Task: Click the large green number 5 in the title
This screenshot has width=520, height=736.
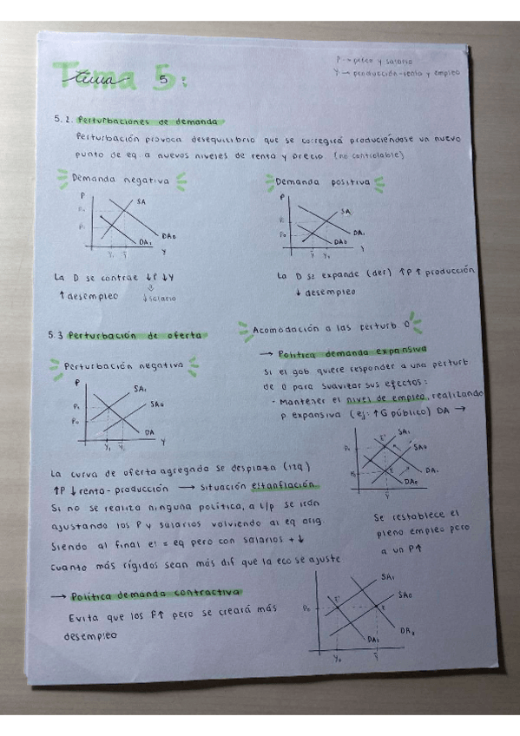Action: coord(165,80)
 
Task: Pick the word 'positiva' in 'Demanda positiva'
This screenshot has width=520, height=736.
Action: coord(347,182)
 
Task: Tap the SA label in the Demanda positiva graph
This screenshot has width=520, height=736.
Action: coord(346,211)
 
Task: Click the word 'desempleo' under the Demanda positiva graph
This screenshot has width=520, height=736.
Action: coord(329,292)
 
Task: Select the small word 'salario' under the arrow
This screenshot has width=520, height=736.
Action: coord(162,298)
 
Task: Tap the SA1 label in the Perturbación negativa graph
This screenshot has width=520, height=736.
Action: coord(141,388)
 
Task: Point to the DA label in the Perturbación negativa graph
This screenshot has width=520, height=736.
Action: coord(150,430)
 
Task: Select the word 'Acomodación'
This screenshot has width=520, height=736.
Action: coord(286,329)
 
